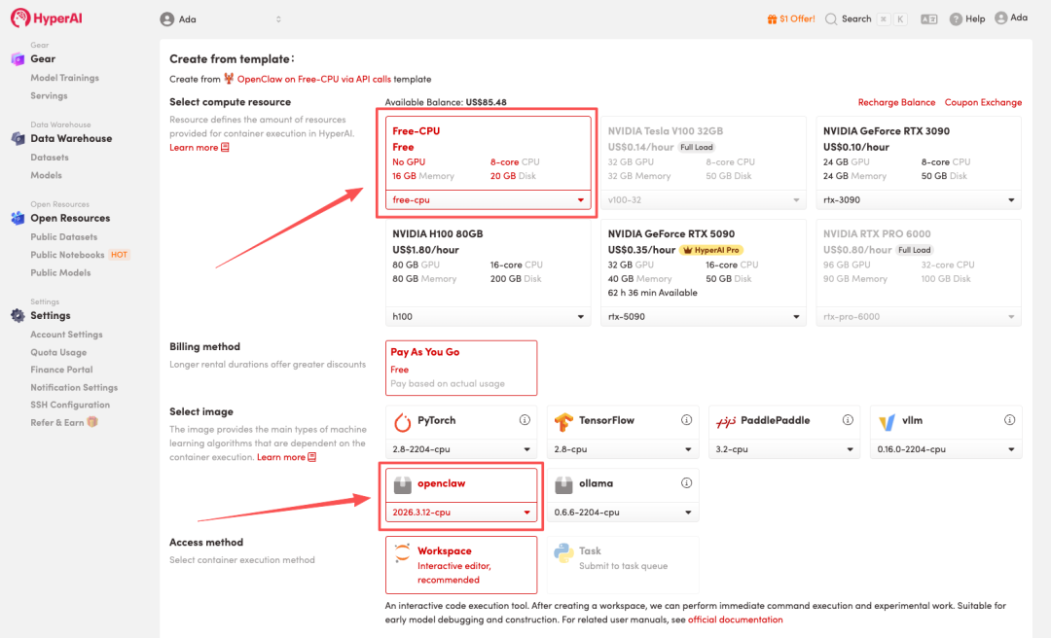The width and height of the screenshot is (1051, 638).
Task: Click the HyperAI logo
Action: tap(47, 18)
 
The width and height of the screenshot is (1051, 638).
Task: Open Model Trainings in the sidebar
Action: tap(64, 78)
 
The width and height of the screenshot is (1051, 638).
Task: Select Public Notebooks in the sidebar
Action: tap(67, 255)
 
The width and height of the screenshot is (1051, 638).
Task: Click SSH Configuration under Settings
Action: tap(70, 405)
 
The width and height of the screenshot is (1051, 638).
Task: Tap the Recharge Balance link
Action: tap(896, 102)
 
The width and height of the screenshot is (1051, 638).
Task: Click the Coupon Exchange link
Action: tap(983, 102)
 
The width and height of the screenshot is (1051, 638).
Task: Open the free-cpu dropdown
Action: tap(488, 199)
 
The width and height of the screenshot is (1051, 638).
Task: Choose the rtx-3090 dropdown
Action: tap(919, 199)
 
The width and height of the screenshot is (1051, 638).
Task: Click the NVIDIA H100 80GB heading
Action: tap(438, 233)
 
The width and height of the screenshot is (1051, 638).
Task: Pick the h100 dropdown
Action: tap(488, 316)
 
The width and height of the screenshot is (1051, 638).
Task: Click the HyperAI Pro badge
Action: tap(711, 250)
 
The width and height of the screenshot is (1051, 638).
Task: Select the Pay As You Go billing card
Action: tap(461, 368)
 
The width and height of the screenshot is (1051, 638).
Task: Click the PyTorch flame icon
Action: tap(402, 421)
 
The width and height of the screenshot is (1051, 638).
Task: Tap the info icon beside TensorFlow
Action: tap(686, 419)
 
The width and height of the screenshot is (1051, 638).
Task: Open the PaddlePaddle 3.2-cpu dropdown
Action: tap(783, 449)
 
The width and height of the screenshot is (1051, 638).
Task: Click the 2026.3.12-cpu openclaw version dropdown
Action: tap(461, 512)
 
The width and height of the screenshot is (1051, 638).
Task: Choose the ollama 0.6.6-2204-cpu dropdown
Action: tap(623, 512)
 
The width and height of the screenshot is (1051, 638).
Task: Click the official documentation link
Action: tap(736, 620)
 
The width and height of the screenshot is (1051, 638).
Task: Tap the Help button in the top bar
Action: tap(967, 18)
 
